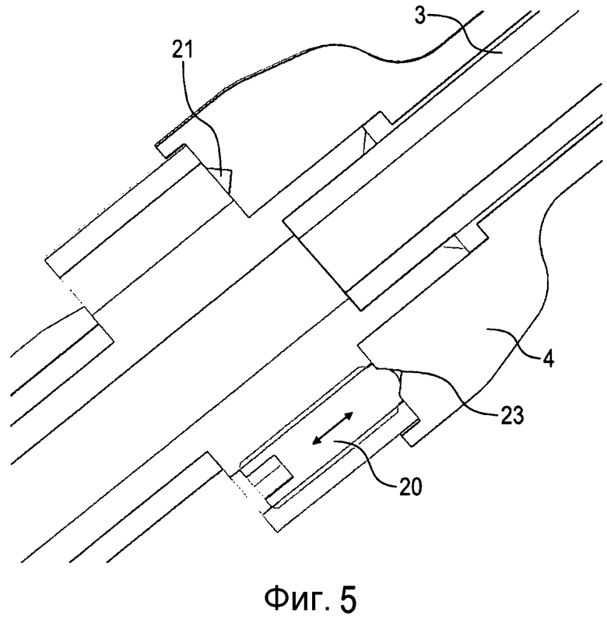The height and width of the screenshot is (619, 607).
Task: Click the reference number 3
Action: click(x=421, y=16)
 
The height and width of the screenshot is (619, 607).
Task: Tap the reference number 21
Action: click(x=182, y=51)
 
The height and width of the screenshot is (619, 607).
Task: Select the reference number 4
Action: click(x=547, y=358)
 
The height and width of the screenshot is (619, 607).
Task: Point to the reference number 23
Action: click(x=512, y=415)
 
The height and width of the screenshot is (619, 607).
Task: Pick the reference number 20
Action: click(x=410, y=487)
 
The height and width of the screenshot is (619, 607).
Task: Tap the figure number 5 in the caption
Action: click(x=347, y=598)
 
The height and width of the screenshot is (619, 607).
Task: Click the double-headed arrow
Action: click(x=332, y=428)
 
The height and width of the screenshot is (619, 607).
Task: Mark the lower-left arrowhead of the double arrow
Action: click(x=317, y=440)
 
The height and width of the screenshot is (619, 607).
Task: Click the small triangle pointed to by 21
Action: click(x=222, y=177)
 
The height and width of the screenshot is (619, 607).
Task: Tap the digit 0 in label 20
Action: click(x=416, y=487)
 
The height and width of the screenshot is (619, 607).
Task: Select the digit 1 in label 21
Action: click(x=189, y=51)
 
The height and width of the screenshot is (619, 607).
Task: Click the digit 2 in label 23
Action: click(x=506, y=415)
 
